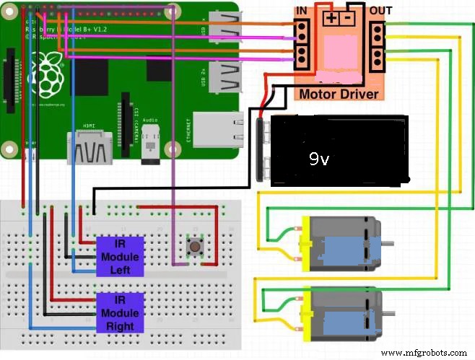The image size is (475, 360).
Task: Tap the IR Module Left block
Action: pos(121,256)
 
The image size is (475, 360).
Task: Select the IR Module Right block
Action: pos(121,312)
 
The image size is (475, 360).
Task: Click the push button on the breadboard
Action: pos(194,247)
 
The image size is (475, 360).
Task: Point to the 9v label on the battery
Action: pos(319,159)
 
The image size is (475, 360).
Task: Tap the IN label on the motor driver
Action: pos(303,10)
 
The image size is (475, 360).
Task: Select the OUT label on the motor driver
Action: pos(380,10)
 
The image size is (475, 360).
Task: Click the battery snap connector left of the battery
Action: pos(261,152)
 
